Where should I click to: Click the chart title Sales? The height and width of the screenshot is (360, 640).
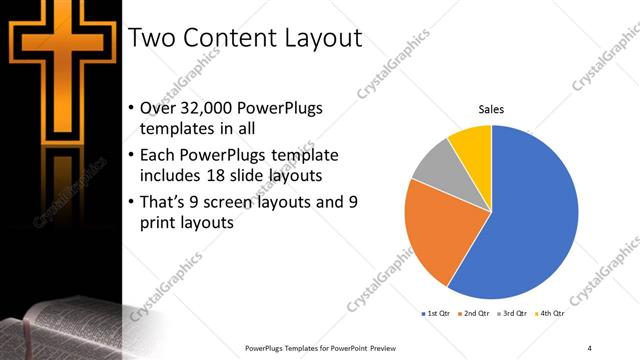pyautogui.click(x=490, y=109)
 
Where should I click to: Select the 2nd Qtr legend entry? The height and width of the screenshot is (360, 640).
pyautogui.click(x=474, y=314)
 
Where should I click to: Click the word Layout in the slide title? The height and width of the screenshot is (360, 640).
pyautogui.click(x=315, y=39)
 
